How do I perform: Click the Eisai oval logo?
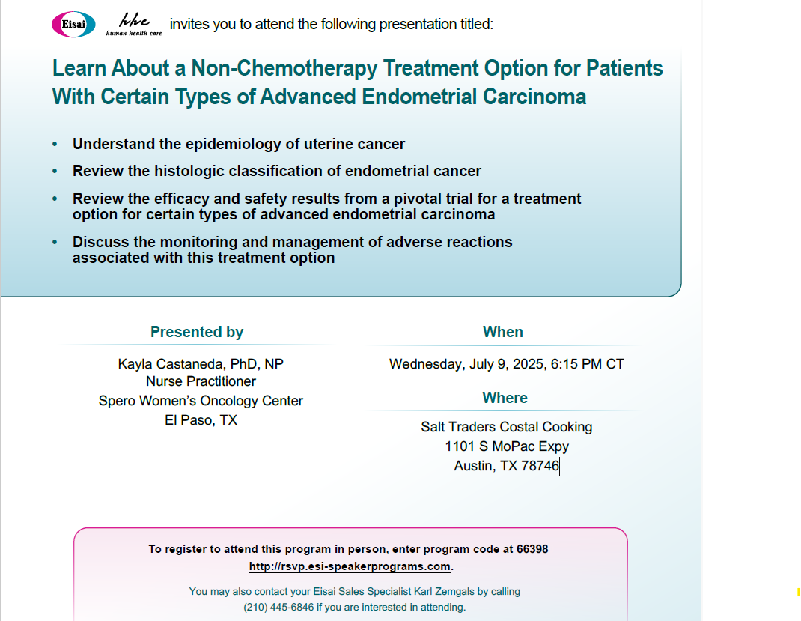[73, 24]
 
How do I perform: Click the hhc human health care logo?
[134, 25]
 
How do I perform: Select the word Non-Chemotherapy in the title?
[284, 68]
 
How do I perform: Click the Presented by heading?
[197, 332]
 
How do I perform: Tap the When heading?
[502, 332]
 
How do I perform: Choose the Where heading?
[505, 398]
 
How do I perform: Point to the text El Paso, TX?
[201, 420]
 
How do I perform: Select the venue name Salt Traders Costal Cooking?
[506, 427]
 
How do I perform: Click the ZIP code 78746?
[540, 466]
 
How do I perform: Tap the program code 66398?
[532, 549]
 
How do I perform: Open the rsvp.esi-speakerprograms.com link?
[350, 566]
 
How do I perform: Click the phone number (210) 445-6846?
[278, 608]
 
